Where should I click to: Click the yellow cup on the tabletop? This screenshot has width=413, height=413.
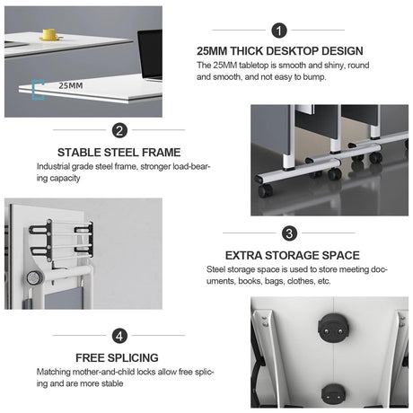tap(49, 34)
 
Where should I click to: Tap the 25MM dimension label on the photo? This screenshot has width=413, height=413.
tap(71, 85)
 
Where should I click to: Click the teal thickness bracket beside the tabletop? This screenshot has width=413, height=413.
tap(38, 90)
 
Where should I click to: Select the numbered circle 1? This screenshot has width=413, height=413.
tap(279, 31)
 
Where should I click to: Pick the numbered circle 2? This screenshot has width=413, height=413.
tap(119, 130)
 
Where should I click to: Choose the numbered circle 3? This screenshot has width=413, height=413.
tap(289, 233)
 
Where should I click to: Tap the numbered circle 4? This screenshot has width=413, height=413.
tap(119, 336)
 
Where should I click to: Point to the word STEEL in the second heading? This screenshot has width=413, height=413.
tap(121, 153)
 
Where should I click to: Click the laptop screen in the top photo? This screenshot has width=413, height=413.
tap(150, 53)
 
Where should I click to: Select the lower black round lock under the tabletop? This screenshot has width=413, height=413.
tap(334, 393)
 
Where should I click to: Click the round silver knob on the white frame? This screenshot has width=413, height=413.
tap(33, 278)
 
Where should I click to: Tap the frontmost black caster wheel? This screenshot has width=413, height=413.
tap(265, 190)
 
